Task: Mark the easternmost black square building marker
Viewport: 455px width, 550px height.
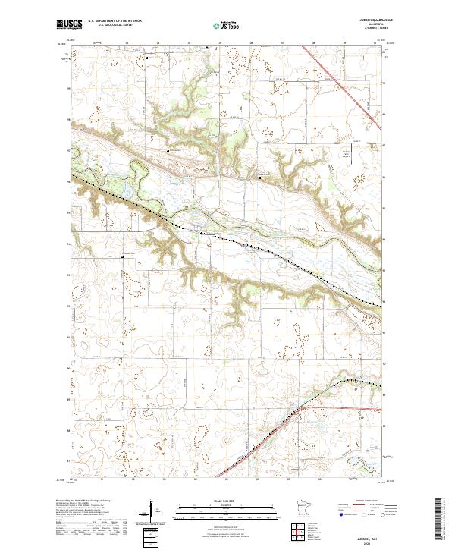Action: point(261,178)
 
